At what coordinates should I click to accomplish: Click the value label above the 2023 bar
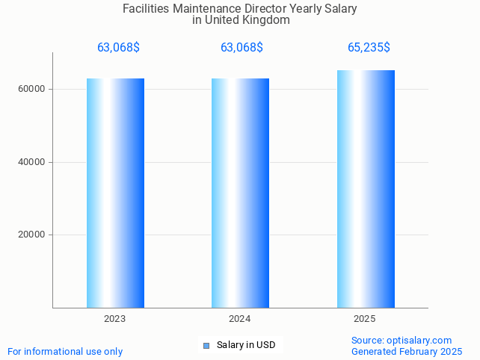[x=118, y=48]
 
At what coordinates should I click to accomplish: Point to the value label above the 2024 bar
[x=241, y=48]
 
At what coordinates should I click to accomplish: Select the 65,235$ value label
[x=369, y=48]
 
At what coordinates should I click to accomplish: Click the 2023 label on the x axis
[x=115, y=319]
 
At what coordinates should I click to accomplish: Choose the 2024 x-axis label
[x=240, y=319]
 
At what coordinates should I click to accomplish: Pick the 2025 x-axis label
[x=365, y=319]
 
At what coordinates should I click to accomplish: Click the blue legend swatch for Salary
[x=206, y=345]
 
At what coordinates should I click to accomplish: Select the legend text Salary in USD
[x=246, y=345]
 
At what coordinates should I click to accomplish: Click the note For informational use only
[x=65, y=351]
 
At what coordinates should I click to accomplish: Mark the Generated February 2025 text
[x=407, y=351]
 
